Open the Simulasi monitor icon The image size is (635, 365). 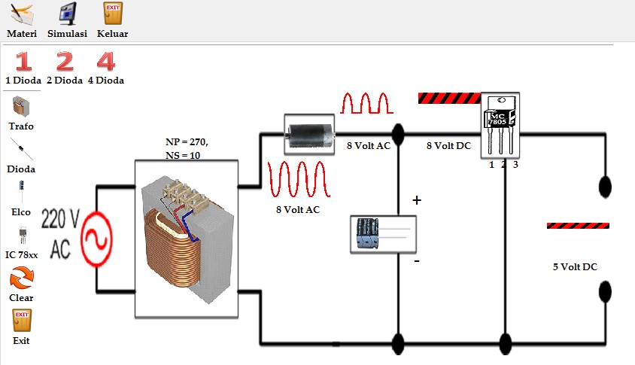point(68,14)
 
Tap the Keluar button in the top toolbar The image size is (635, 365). point(112,14)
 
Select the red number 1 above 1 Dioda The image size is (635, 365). point(24,62)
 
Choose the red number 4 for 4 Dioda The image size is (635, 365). point(106,62)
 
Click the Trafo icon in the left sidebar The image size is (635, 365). point(21,105)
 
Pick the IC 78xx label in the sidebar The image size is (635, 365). point(21,255)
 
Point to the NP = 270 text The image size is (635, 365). point(187,141)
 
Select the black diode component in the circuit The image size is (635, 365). point(308,134)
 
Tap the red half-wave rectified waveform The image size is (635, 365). point(367,103)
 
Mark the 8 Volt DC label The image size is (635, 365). point(448,146)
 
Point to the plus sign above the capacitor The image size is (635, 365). point(416,201)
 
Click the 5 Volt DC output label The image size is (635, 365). point(575,267)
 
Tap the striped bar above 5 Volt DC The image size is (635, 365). point(578,225)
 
